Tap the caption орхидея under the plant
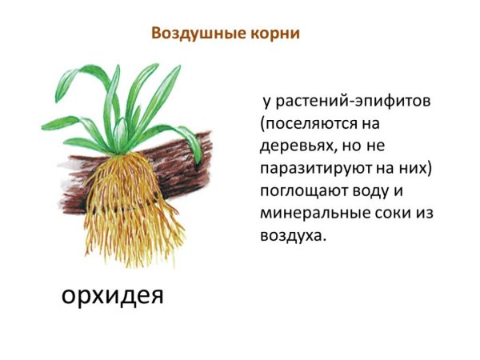[x=113, y=296]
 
